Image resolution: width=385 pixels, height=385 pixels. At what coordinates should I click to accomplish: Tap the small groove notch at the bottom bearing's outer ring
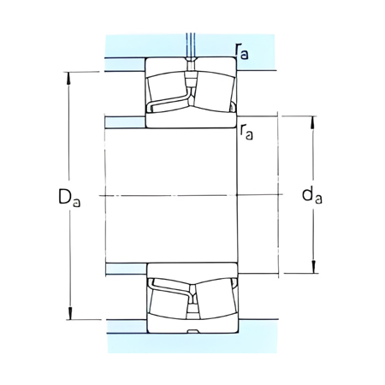[x=192, y=331]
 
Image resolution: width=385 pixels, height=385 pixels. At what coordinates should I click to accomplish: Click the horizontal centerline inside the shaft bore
[x=171, y=196]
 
